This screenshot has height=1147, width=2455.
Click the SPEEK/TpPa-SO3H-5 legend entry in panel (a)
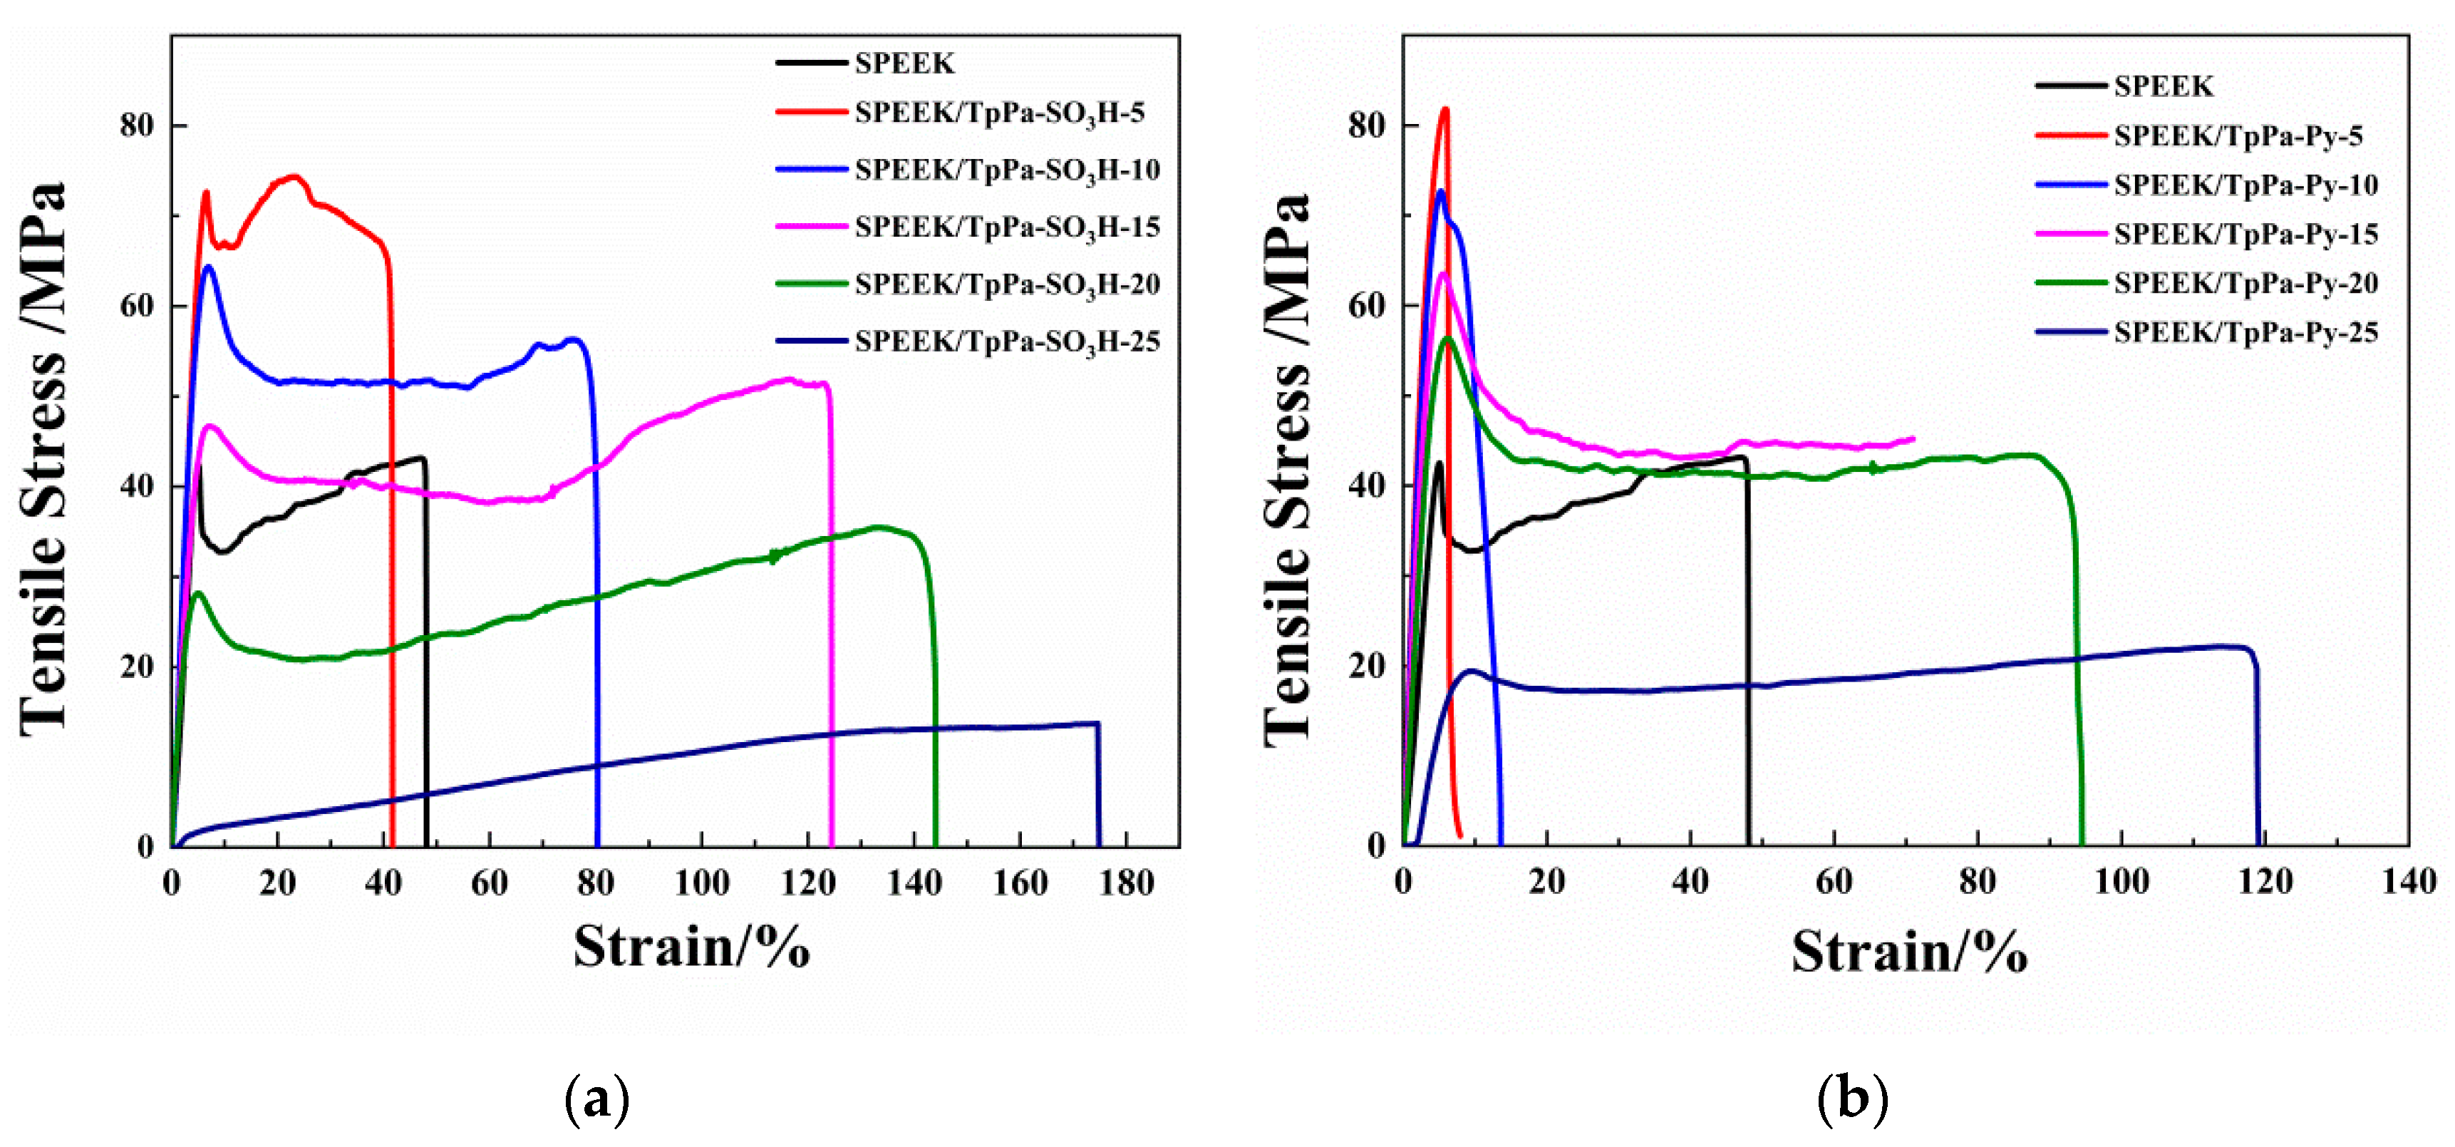pyautogui.click(x=999, y=113)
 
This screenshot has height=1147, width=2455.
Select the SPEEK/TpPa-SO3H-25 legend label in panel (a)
pyautogui.click(x=1006, y=341)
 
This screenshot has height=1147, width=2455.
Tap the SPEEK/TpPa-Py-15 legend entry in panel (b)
pyautogui.click(x=2245, y=234)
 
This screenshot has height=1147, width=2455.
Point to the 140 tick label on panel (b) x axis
pyautogui.click(x=2408, y=881)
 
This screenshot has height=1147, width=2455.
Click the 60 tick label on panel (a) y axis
pyautogui.click(x=136, y=305)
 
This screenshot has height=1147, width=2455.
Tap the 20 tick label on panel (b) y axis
pyautogui.click(x=1367, y=666)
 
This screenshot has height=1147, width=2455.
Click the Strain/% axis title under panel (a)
pyautogui.click(x=691, y=947)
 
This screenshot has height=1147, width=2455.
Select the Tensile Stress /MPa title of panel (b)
pyautogui.click(x=1288, y=467)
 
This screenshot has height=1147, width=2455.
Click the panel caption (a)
pyautogui.click(x=598, y=1099)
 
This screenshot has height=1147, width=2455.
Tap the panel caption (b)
pyautogui.click(x=1851, y=1099)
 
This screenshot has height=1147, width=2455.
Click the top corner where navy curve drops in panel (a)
pyautogui.click(x=1098, y=724)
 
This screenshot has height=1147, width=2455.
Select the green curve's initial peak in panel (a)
pyautogui.click(x=197, y=593)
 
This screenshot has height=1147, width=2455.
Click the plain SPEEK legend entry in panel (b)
pyautogui.click(x=2162, y=86)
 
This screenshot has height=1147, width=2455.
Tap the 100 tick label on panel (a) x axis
pyautogui.click(x=701, y=883)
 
